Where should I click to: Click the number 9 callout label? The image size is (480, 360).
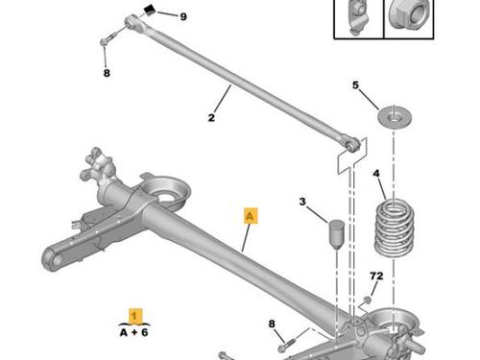183,16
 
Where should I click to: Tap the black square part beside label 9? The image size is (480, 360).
150,10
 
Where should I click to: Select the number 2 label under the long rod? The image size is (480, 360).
211,117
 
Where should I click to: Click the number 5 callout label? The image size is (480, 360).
356,85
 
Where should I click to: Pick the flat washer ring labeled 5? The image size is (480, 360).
395,116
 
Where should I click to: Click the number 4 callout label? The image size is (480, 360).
376,174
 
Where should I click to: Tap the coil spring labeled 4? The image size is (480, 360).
395,227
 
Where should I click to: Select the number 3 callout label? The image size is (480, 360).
302,202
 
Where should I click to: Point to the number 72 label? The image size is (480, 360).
376,276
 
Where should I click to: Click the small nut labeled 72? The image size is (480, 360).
368,300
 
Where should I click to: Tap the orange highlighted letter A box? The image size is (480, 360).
251,216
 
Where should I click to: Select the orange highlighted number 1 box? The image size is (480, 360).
134,316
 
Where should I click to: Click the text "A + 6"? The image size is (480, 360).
134,332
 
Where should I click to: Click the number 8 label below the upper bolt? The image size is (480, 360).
107,73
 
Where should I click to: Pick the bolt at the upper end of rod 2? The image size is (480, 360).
107,39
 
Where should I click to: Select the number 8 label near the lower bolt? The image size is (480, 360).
272,324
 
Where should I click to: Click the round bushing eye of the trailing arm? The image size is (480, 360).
55,260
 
